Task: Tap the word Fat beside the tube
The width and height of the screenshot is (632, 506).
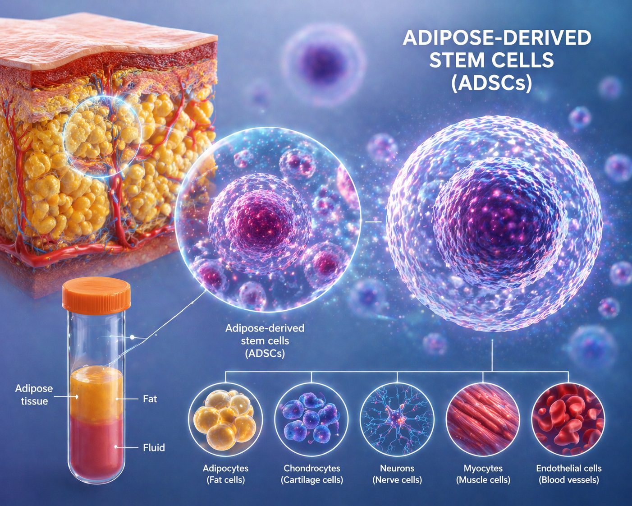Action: [150, 399]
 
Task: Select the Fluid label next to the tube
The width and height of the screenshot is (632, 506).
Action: [154, 447]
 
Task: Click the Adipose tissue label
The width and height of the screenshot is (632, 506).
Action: [34, 395]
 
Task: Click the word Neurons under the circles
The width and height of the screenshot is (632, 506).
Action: [397, 468]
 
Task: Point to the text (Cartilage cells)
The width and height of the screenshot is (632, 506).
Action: [312, 480]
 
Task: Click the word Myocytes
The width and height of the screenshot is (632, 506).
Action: [483, 468]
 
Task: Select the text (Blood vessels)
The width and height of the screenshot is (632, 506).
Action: [569, 480]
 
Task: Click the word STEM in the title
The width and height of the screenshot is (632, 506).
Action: [460, 60]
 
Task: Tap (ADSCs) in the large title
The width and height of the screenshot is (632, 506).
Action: [491, 84]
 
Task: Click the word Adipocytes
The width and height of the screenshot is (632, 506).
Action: [225, 468]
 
